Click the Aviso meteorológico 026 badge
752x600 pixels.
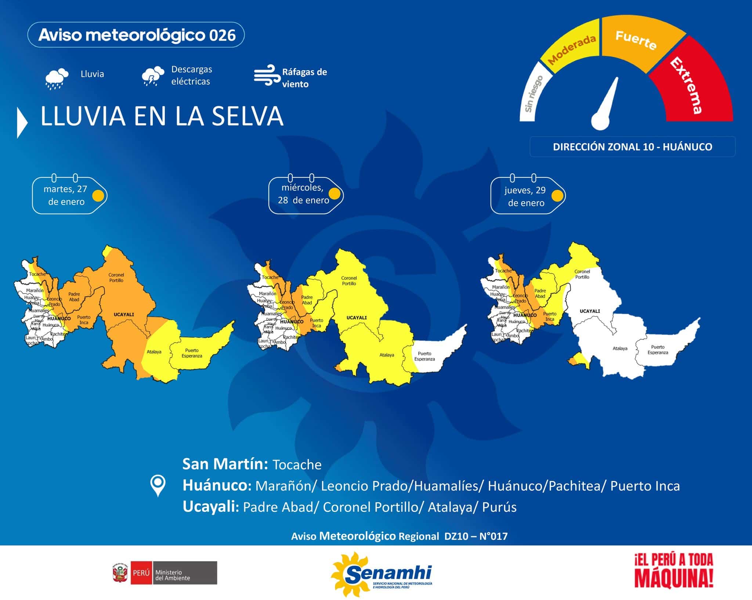click(136, 35)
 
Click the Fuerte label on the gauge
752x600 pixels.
click(636, 40)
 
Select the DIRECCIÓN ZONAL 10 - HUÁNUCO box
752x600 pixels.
click(632, 147)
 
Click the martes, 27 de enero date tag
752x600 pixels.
click(66, 195)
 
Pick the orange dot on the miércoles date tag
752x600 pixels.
click(334, 193)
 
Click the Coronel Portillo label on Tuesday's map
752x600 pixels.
click(116, 278)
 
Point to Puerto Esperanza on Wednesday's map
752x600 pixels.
click(424, 356)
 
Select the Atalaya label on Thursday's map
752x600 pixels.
click(620, 348)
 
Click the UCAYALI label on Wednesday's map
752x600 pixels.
click(357, 318)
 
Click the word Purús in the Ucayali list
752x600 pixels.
click(499, 507)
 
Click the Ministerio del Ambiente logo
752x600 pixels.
click(165, 573)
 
